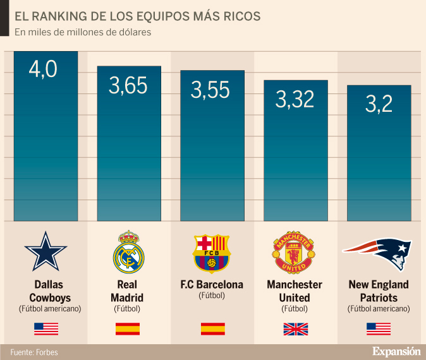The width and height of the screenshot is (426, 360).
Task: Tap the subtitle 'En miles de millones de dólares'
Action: [x=83, y=32]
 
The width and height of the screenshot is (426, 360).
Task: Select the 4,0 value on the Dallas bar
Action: [x=43, y=69]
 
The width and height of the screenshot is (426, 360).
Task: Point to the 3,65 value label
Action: [x=128, y=86]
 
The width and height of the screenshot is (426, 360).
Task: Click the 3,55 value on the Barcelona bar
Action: [x=210, y=90]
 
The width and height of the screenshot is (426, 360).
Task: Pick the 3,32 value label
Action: [x=295, y=99]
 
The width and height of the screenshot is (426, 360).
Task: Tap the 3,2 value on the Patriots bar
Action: [x=379, y=104]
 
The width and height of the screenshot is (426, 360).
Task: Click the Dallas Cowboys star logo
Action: [x=46, y=251]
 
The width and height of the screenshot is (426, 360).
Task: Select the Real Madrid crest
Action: [x=128, y=250]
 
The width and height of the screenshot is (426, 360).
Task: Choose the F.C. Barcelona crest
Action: [x=212, y=252]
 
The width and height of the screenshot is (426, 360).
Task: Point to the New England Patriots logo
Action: [x=377, y=251]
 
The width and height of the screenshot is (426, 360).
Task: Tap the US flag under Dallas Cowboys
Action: [x=46, y=328]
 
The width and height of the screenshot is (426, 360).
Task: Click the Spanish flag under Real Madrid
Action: [x=128, y=328]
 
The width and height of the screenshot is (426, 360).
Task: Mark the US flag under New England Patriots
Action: [x=379, y=328]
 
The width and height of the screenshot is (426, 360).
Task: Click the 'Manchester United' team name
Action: [x=295, y=291]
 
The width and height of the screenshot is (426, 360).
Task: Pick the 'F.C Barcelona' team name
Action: [x=212, y=284]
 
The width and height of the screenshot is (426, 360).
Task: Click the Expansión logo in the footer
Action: [x=396, y=351]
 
